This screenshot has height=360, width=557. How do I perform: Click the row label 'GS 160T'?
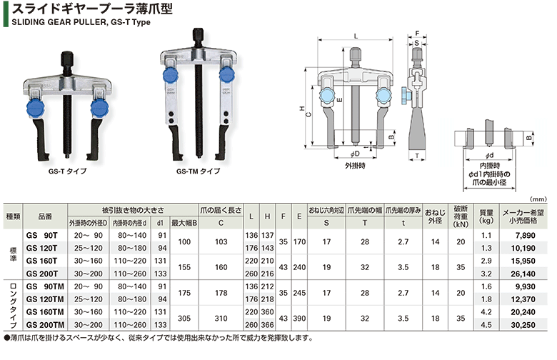43,261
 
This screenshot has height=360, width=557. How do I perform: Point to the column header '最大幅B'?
184,222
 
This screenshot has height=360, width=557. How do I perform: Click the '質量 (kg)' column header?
486,216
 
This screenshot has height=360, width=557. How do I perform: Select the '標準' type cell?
12,254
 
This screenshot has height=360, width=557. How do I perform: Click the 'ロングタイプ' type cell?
12,306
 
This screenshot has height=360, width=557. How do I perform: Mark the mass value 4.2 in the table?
486,312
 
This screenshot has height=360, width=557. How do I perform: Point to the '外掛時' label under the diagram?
355,165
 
